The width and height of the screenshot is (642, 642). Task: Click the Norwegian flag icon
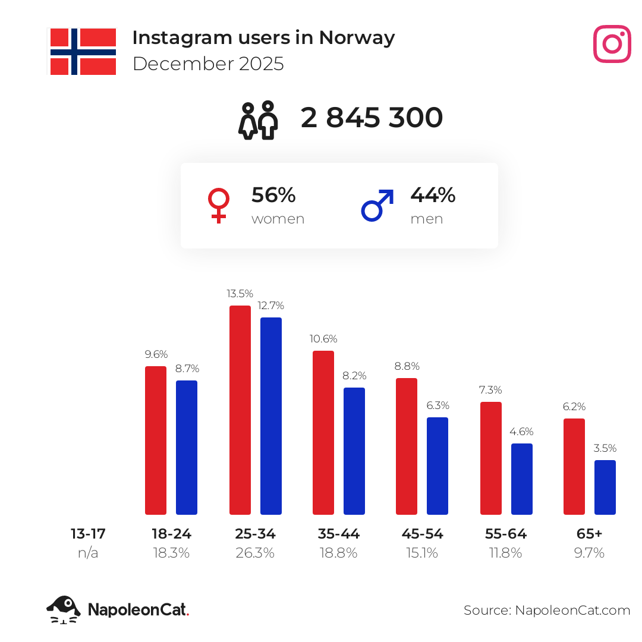[83, 52]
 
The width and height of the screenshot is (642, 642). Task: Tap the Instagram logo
[612, 44]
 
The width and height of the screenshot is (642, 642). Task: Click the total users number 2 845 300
[372, 118]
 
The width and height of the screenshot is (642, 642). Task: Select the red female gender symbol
[219, 205]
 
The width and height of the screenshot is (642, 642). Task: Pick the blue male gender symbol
[377, 205]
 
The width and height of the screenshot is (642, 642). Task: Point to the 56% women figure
[273, 195]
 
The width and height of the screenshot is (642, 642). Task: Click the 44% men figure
[433, 195]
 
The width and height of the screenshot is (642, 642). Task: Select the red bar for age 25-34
[240, 410]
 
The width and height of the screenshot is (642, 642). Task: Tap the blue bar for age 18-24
[187, 447]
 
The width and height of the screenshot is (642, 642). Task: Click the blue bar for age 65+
[605, 487]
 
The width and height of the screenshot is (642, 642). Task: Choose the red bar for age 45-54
[407, 446]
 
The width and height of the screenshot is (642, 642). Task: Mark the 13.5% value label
[240, 294]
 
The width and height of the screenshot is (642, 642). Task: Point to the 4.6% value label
[521, 432]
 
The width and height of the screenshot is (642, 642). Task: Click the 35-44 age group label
[339, 534]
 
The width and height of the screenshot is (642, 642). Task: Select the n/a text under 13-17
[88, 553]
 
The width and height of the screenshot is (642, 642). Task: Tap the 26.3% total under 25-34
[255, 553]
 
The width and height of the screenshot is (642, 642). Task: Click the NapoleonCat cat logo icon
[64, 609]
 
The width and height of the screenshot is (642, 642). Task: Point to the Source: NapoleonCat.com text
[547, 610]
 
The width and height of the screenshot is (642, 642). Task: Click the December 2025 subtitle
[208, 64]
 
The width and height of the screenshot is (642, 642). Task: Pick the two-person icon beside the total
[259, 119]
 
